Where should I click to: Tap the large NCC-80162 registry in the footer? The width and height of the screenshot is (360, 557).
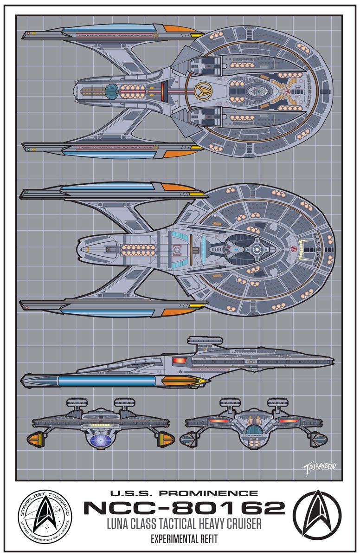coord(184,508)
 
